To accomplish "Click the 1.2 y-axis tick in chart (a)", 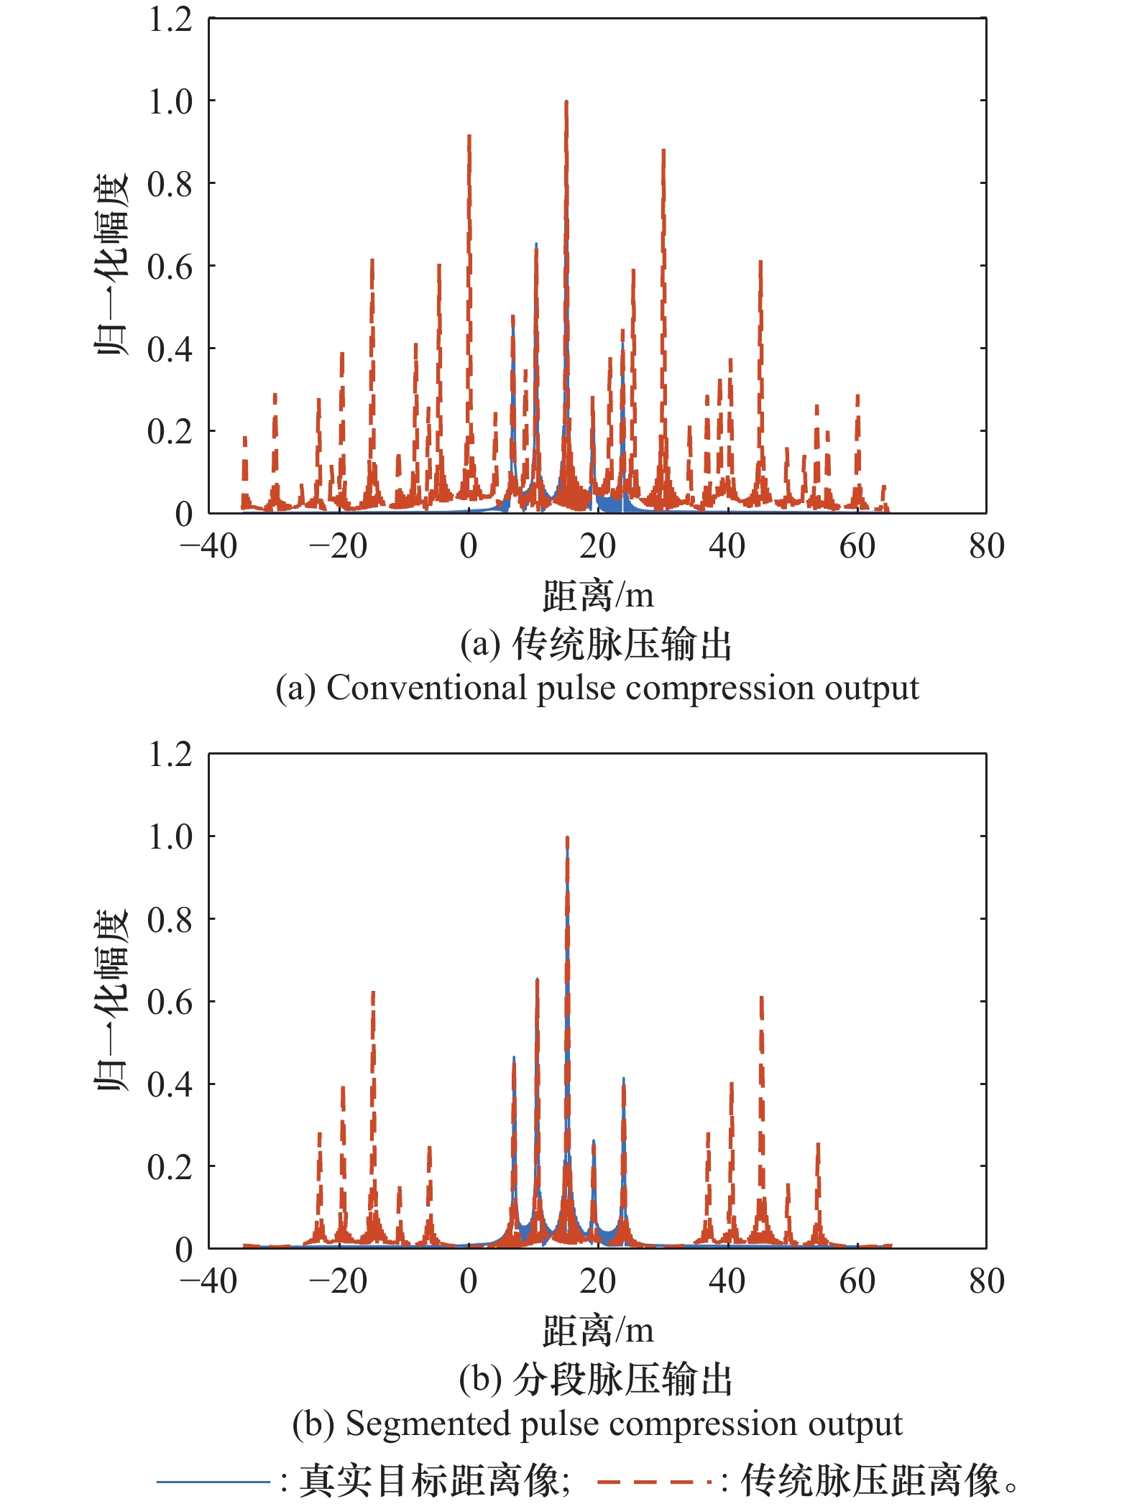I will click(170, 20).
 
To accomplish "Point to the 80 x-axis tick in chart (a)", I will click(986, 547).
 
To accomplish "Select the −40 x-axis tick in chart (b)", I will click(208, 1281).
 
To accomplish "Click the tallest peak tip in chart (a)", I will click(566, 102).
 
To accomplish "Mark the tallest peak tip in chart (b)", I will click(567, 838).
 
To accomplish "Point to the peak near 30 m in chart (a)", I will click(663, 151).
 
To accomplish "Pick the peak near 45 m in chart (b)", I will click(761, 998).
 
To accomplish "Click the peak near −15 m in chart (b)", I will click(373, 993).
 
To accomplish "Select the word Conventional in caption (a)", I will click(427, 688).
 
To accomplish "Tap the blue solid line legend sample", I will click(213, 1480).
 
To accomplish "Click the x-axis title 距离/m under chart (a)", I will click(597, 596).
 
